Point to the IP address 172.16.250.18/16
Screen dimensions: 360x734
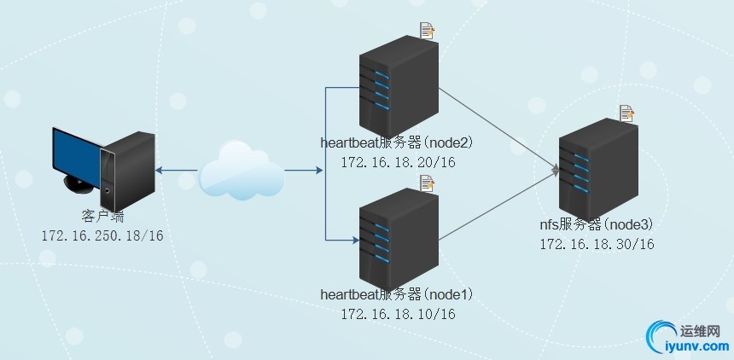pos(102,235)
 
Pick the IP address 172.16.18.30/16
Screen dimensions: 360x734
pos(597,244)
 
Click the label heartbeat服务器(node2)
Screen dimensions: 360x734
pos(396,142)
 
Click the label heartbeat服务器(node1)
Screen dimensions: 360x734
pos(396,295)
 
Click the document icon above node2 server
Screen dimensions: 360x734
pos(427,32)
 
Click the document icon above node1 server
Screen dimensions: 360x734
pos(427,183)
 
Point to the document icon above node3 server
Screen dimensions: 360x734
pos(626,113)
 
